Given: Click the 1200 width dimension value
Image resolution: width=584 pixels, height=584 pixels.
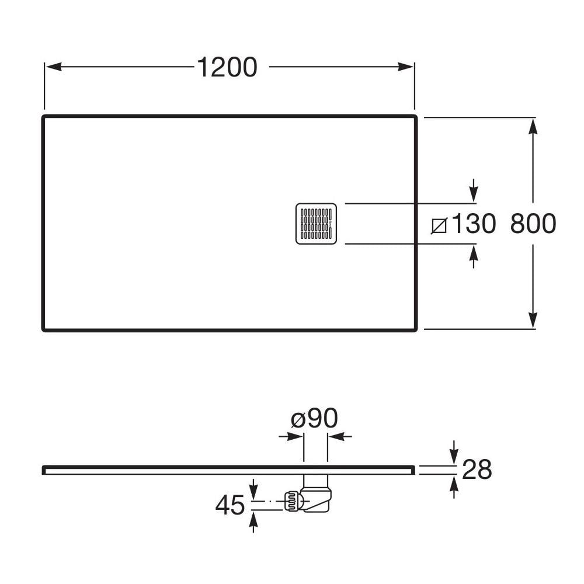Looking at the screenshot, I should pos(227,68).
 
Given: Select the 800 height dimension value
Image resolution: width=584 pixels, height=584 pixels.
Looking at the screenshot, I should pos(533,224).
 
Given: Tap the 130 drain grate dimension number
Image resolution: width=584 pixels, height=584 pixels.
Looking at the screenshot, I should pos(473,224).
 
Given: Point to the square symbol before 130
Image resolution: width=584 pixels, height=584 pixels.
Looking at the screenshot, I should pos(439,225).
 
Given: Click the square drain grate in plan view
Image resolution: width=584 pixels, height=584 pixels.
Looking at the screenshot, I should pos(316,224).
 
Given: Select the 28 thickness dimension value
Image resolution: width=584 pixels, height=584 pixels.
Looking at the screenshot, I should pos(477,470).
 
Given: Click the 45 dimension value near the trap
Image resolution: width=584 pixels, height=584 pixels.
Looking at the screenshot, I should pos(230,506).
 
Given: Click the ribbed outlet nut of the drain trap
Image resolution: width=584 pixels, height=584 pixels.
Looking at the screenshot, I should pos(292,501).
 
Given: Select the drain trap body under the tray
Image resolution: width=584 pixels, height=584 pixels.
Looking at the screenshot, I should pos(317,496).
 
